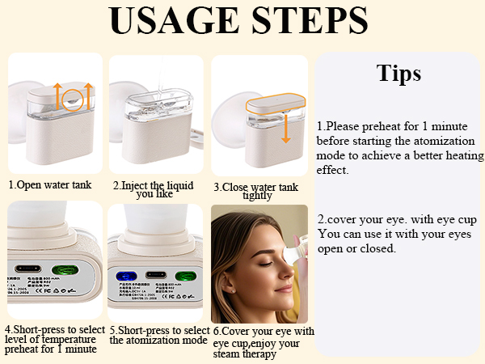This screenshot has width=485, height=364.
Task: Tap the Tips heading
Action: point(399,73)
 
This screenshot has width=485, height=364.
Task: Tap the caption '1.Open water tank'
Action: point(50,184)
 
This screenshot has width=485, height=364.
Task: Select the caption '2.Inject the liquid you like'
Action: point(154,189)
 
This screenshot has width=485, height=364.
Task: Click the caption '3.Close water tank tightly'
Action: point(256,192)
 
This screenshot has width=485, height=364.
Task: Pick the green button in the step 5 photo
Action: point(184,275)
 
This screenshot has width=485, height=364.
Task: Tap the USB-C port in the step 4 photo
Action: point(32,270)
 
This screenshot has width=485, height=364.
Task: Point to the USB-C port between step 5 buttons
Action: point(155,275)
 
